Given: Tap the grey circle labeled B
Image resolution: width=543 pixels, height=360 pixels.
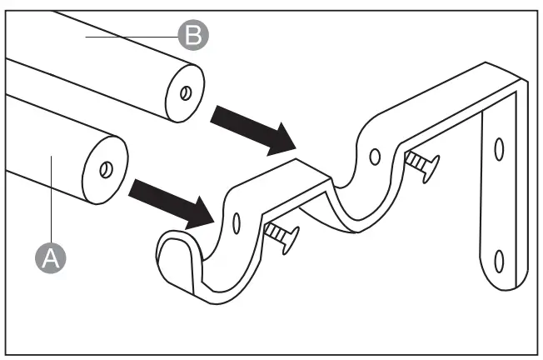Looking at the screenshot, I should [192, 36].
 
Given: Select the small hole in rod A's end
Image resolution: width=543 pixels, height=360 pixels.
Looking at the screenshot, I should [106, 170].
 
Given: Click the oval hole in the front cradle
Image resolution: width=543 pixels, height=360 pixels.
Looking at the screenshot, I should [237, 222].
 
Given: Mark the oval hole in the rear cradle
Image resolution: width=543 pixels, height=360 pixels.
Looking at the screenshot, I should [376, 155].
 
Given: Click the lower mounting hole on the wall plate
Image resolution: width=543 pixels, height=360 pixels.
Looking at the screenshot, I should [498, 261].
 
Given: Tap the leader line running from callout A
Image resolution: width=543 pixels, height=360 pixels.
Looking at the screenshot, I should [52, 200].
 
